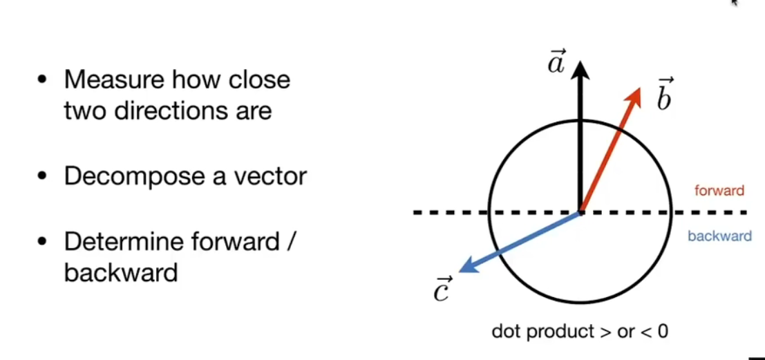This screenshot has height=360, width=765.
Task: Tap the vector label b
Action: coord(663,97)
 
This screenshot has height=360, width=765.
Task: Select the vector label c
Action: coord(442,290)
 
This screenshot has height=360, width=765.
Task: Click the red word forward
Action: coord(719,191)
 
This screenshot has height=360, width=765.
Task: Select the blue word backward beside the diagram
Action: coord(719,236)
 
